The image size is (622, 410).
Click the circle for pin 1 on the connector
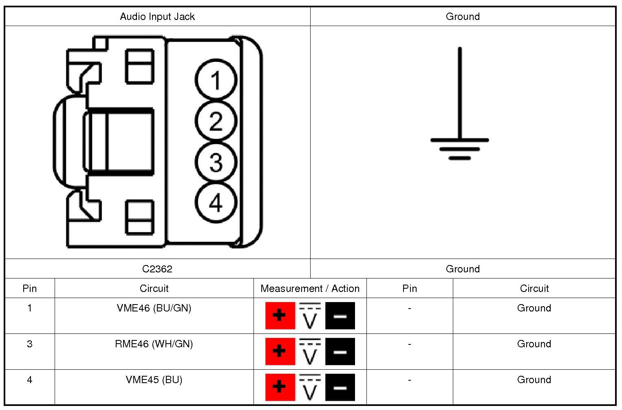(x=216, y=80)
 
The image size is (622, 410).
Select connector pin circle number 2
(x=216, y=121)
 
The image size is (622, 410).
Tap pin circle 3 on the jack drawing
(x=216, y=162)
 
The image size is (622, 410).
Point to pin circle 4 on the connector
(x=216, y=203)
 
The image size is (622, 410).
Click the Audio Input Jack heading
(x=157, y=17)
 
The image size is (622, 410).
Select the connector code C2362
(x=157, y=269)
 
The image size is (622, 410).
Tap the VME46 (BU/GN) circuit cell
(x=154, y=308)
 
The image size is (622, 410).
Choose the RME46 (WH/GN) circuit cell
(x=154, y=344)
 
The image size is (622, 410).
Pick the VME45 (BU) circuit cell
(x=154, y=380)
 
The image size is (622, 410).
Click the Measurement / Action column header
(x=310, y=289)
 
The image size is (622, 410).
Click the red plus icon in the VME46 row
(x=280, y=316)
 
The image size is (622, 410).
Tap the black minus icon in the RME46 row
(x=340, y=351)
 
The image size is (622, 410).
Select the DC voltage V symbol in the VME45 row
(x=310, y=388)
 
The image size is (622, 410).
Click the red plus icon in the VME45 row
(x=280, y=387)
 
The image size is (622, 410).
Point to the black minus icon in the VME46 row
(x=340, y=316)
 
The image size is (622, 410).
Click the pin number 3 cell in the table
(x=30, y=344)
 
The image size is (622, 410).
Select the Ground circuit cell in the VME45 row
(x=534, y=380)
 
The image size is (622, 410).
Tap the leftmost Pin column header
(x=30, y=289)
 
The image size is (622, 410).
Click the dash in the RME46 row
(x=409, y=344)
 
